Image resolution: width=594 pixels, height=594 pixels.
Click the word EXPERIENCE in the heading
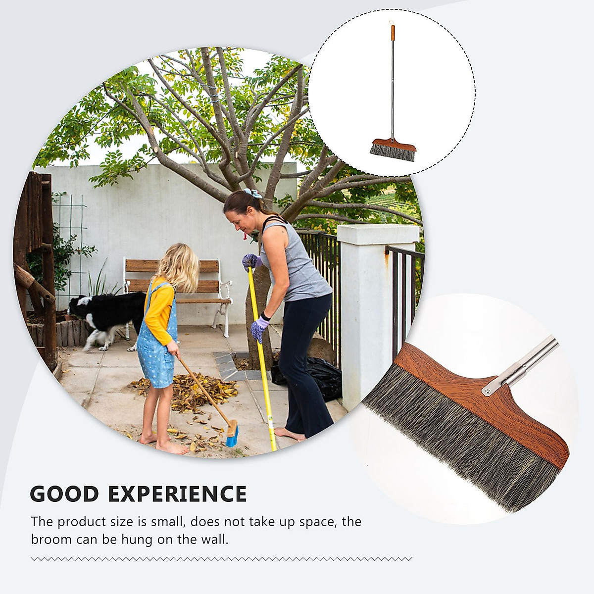point(177,494)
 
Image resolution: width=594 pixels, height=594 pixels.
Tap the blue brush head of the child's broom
point(232,435)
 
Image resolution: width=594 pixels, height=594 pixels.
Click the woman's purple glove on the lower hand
point(259,328)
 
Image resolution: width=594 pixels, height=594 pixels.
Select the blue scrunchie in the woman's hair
point(252,194)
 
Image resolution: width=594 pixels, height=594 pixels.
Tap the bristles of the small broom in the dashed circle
point(393,152)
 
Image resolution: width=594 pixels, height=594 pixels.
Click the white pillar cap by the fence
point(378,232)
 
